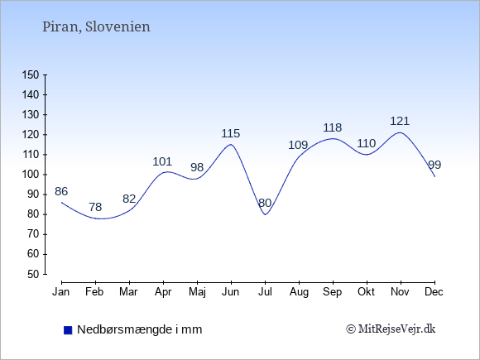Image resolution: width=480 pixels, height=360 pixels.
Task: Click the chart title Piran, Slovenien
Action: coord(96,27)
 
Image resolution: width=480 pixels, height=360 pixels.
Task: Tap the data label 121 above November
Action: coord(400,121)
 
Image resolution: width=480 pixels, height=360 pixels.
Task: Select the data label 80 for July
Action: coord(265,203)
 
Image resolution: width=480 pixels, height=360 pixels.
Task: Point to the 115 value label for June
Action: coord(231,133)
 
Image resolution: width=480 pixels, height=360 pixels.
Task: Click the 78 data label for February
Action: coord(95,207)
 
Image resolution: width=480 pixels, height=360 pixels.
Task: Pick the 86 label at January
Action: coord(61,191)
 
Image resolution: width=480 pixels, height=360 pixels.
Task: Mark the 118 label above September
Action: coord(333,127)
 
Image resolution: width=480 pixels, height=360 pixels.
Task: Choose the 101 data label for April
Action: coord(162,161)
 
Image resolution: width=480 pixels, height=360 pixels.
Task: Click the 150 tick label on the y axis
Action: coord(31,74)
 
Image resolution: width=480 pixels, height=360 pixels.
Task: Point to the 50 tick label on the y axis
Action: coord(33,274)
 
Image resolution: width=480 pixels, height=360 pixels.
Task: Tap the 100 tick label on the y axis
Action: coord(31,175)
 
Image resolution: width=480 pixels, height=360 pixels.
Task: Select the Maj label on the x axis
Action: coord(197,292)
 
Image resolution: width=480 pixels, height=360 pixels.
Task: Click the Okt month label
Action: coord(366,292)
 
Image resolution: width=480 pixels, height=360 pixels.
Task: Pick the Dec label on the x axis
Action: coord(434,292)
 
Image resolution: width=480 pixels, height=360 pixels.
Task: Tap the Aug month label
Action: coord(299,292)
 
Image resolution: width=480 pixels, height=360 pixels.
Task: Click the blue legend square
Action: coord(68,330)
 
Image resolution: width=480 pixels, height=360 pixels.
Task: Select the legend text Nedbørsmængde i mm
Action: coord(140,329)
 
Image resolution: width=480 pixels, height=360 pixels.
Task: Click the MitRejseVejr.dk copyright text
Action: coord(391,329)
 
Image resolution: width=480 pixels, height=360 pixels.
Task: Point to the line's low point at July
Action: coord(265,214)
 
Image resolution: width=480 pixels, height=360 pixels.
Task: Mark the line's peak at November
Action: coord(400,132)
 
